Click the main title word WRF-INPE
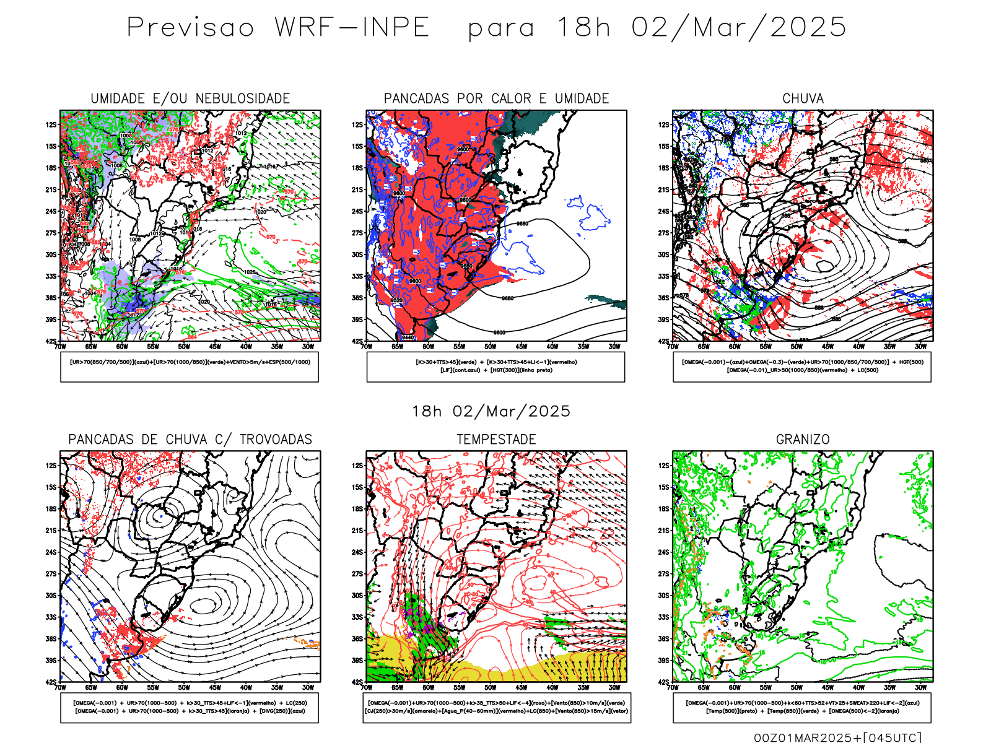point(352,28)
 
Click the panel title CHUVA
point(803,98)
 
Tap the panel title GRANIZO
point(803,440)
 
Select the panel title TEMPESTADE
point(496,440)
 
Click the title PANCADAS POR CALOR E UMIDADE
point(496,98)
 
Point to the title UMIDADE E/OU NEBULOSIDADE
point(190,98)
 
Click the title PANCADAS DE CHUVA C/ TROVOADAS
point(190,440)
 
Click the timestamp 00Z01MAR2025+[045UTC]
point(837,737)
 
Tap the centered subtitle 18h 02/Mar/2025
point(491,411)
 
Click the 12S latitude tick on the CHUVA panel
point(664,125)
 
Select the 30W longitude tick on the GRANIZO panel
point(920,687)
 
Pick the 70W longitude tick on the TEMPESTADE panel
point(367,687)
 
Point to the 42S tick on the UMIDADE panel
point(51,341)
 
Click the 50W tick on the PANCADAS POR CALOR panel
point(491,347)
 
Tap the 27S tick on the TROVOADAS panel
point(51,574)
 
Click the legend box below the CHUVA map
point(802,367)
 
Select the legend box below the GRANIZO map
point(802,707)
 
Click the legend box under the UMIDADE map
point(190,367)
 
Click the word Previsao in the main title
point(191,28)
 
